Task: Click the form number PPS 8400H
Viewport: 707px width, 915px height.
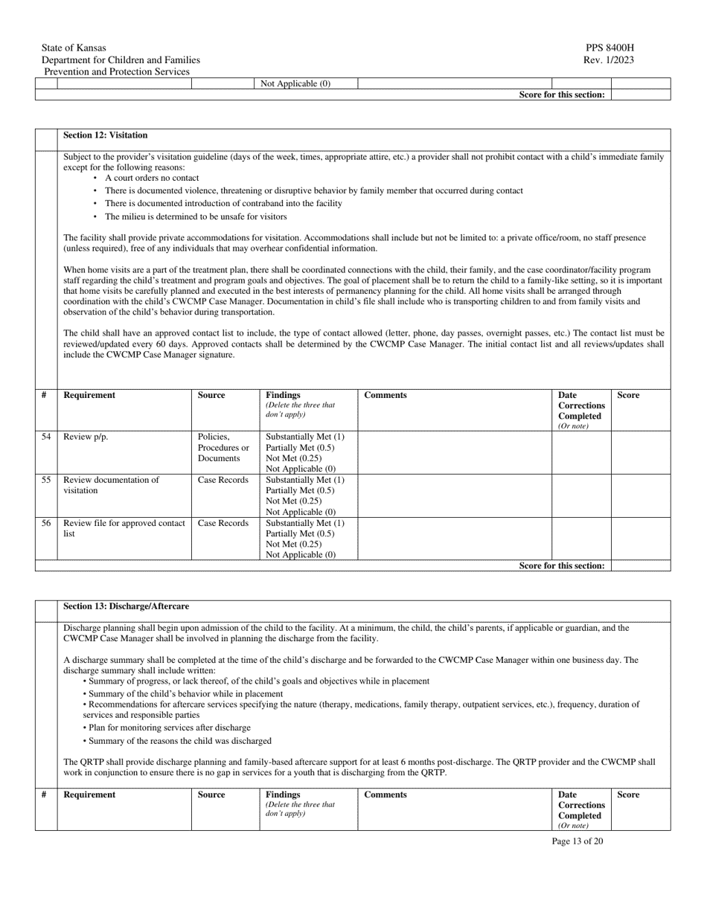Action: [x=610, y=48]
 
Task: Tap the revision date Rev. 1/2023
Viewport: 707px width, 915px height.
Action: [x=610, y=60]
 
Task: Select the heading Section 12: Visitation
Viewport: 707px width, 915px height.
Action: [x=105, y=135]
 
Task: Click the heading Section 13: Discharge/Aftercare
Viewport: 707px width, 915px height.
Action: [x=126, y=607]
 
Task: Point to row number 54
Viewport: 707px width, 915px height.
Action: [x=46, y=437]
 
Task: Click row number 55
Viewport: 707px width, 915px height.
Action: [x=46, y=480]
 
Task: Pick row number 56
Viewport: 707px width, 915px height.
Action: [x=46, y=523]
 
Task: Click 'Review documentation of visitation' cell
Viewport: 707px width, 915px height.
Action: [x=112, y=485]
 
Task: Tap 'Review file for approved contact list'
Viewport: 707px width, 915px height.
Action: [x=124, y=528]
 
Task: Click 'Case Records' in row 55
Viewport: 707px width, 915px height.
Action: [x=223, y=480]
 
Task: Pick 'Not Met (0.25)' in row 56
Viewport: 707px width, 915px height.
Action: [x=294, y=544]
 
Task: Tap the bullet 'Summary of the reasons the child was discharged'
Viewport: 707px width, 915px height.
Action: [x=179, y=741]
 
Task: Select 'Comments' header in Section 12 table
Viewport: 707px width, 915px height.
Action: [x=386, y=395]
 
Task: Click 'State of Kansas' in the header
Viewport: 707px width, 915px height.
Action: [x=74, y=48]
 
